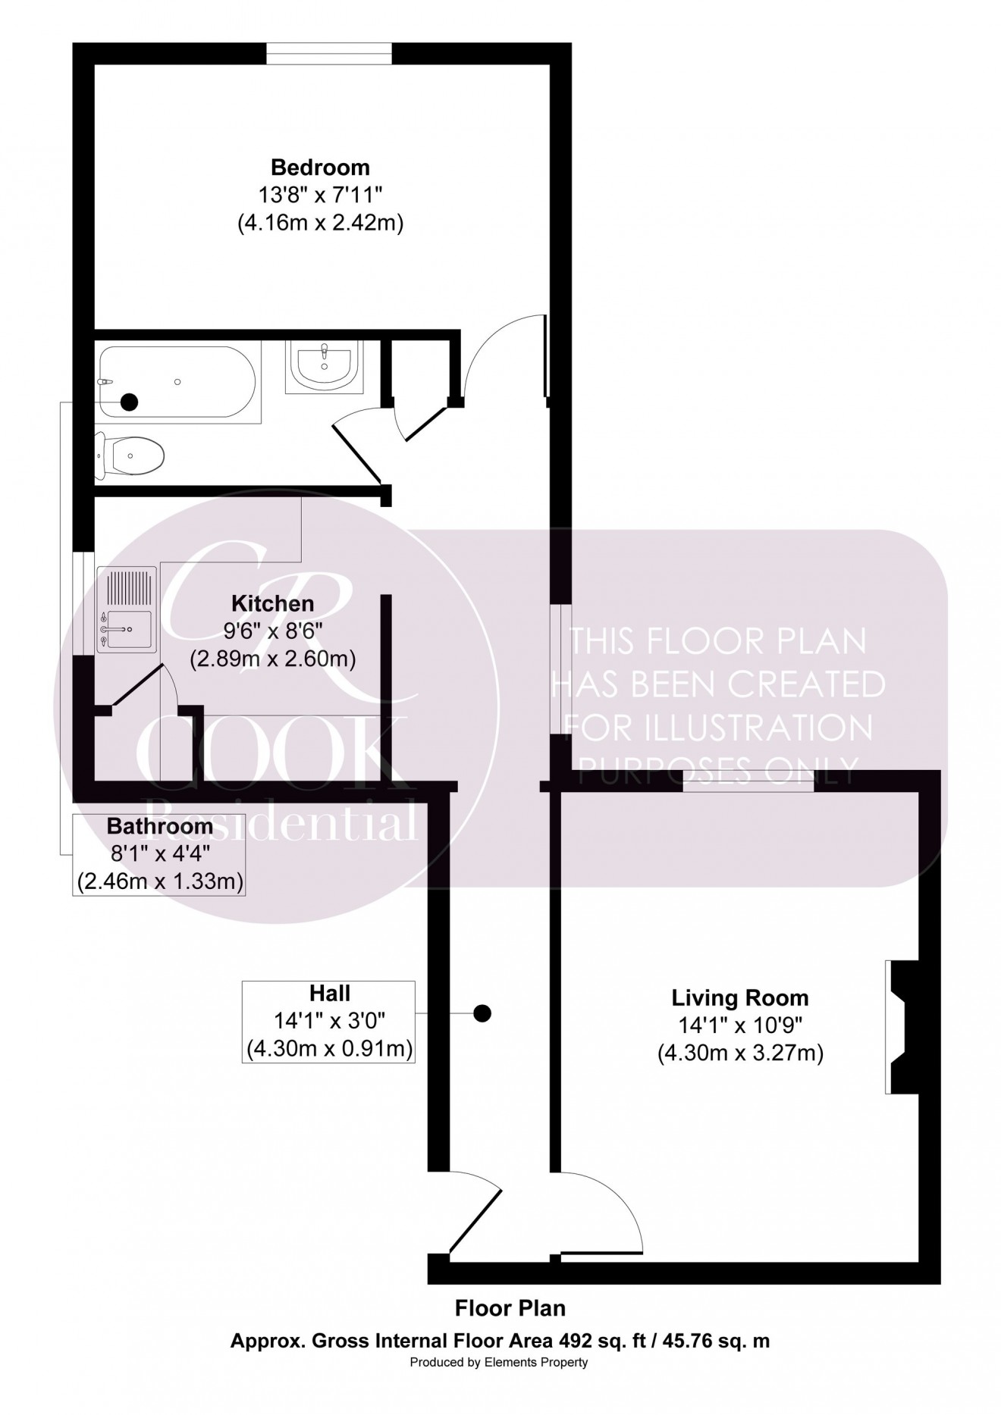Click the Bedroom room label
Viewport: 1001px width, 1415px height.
point(320,167)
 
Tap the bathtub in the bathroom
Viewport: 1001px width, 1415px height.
point(179,382)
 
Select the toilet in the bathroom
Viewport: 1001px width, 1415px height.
point(130,456)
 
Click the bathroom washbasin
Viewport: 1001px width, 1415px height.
point(325,366)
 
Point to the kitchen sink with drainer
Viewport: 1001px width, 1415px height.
point(127,609)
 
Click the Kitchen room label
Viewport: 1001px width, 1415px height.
point(272,603)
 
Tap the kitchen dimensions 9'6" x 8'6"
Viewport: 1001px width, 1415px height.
point(272,631)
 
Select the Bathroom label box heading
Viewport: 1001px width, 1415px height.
point(159,825)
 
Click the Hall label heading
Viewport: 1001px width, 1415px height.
point(329,993)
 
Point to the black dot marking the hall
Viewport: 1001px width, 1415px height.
point(482,1013)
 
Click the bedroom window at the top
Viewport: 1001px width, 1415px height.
point(329,53)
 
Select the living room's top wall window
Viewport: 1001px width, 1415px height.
point(748,781)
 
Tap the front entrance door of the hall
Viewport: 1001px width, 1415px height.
point(476,1222)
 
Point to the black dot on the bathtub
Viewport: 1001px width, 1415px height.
point(130,402)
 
